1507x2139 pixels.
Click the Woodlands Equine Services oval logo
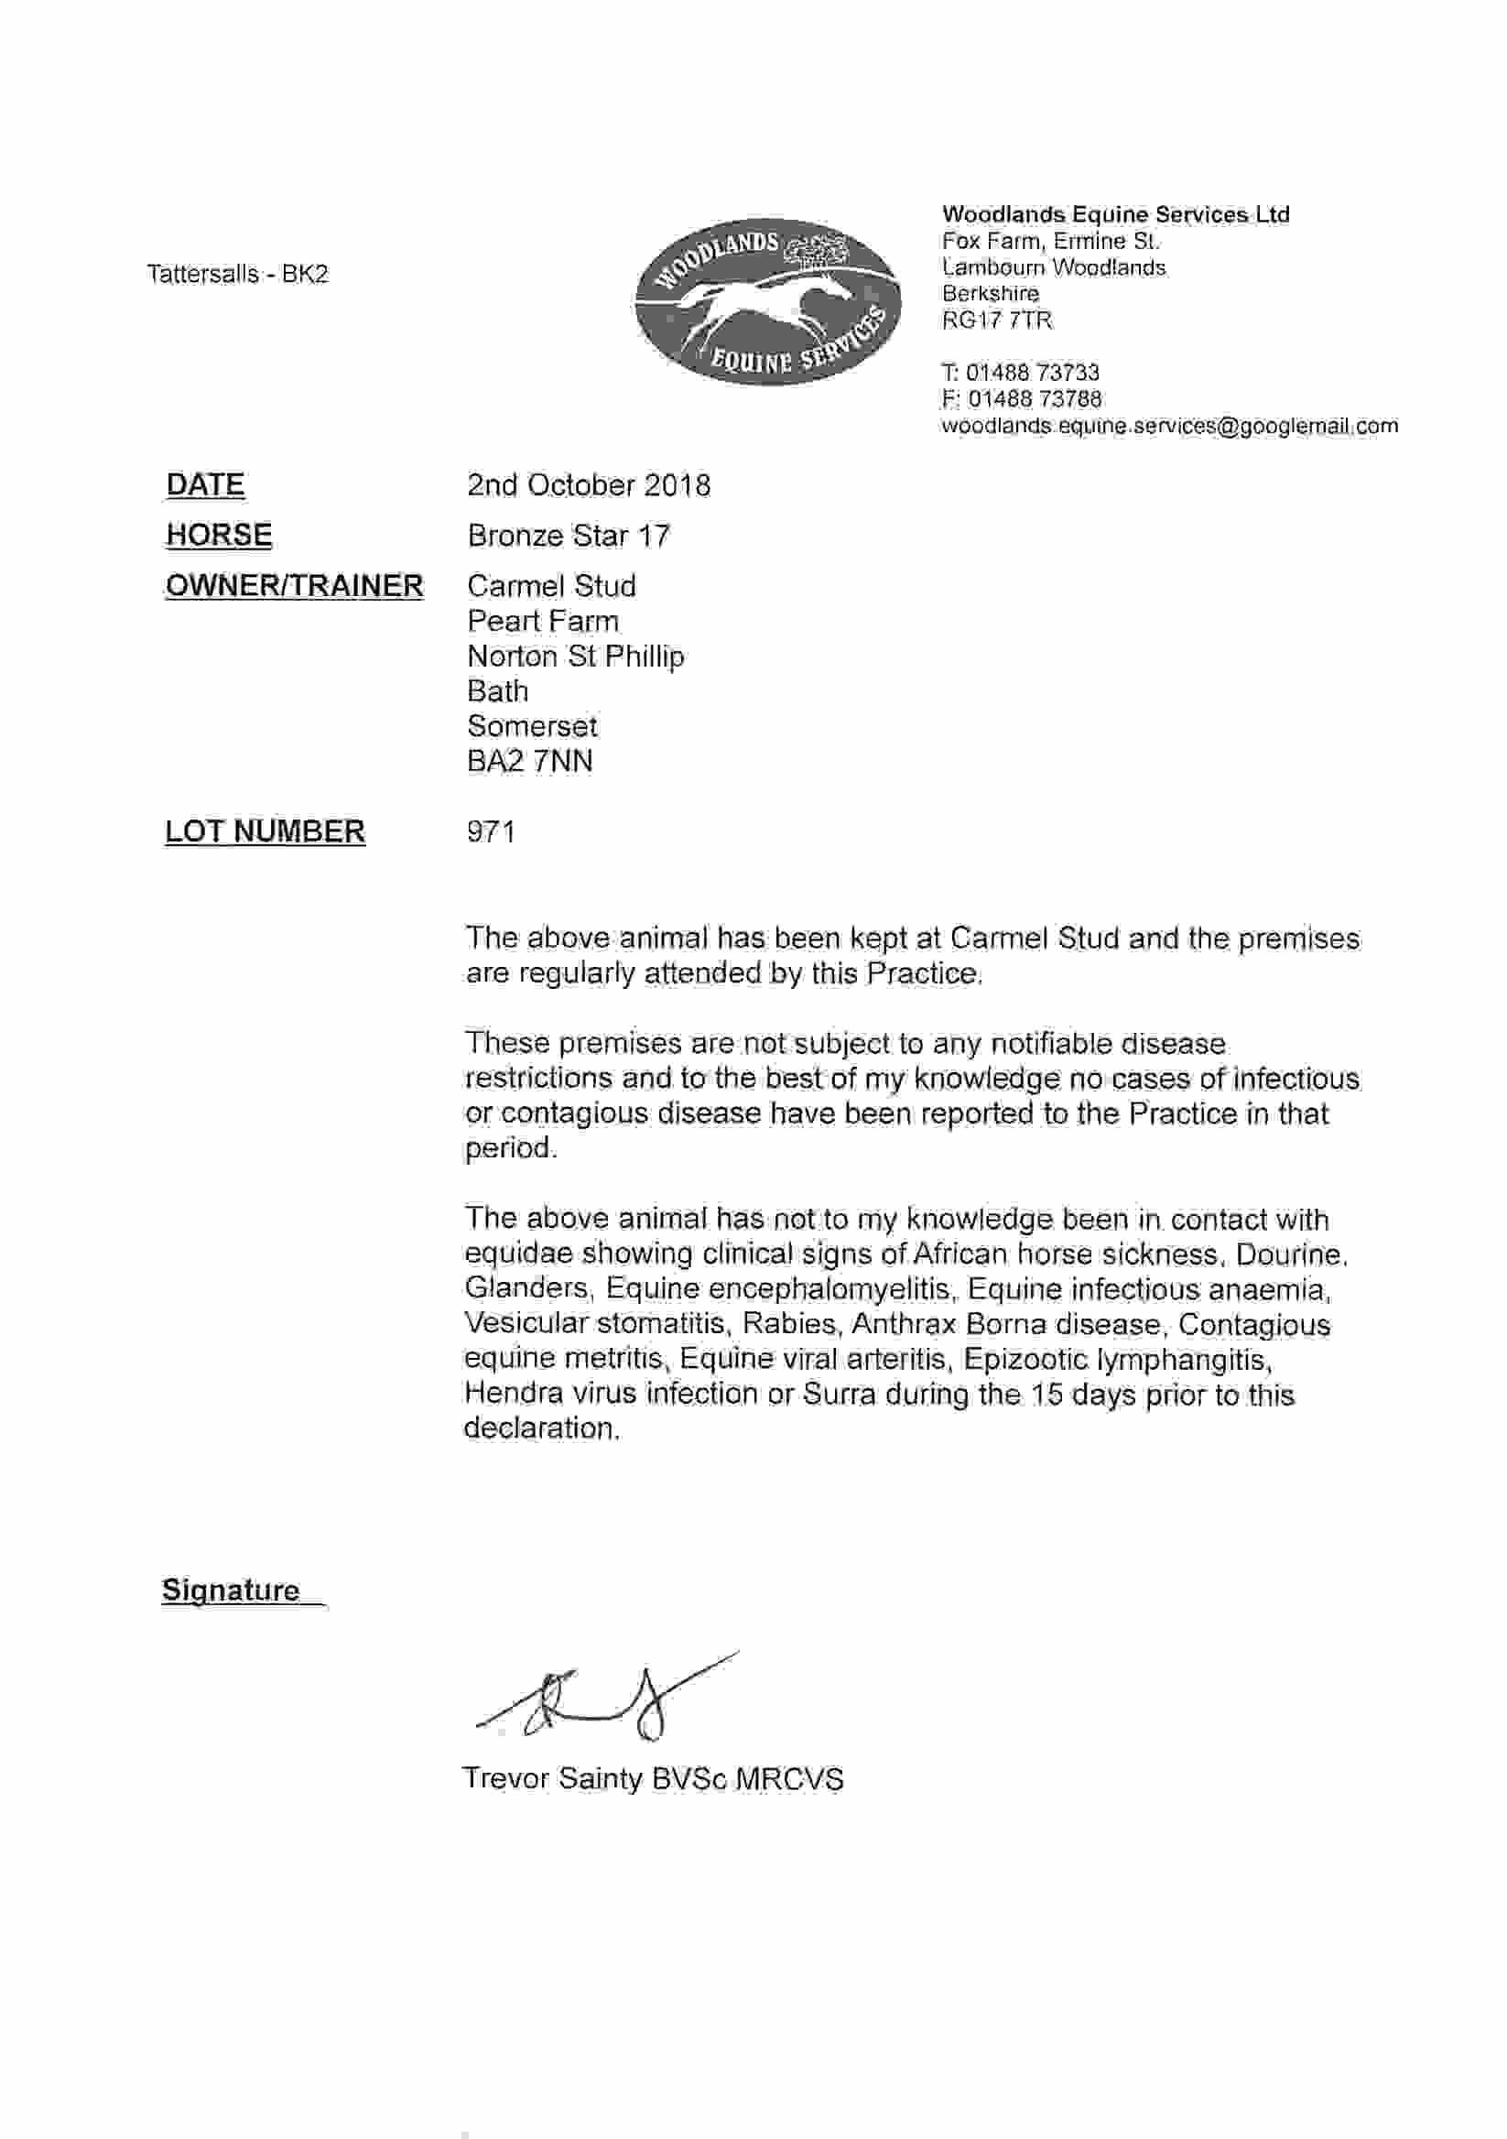(x=767, y=302)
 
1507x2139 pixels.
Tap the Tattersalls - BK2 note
(x=237, y=274)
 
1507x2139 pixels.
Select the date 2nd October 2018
(x=589, y=485)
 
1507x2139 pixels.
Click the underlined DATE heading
(x=206, y=485)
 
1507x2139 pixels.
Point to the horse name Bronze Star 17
(x=569, y=536)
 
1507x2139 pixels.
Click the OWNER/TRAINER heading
(x=294, y=586)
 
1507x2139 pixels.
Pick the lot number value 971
(x=491, y=831)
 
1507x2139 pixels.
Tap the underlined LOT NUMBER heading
(x=266, y=831)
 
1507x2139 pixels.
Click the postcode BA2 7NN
(x=529, y=761)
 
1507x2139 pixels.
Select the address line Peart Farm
(x=543, y=622)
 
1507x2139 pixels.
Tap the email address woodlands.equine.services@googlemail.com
(x=1170, y=426)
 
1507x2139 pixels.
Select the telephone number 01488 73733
(x=1032, y=373)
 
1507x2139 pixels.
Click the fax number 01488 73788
(x=1034, y=398)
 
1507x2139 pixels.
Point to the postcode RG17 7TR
(x=997, y=320)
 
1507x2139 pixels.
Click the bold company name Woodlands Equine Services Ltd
(x=1116, y=214)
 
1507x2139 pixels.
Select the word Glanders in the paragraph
(x=526, y=1289)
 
